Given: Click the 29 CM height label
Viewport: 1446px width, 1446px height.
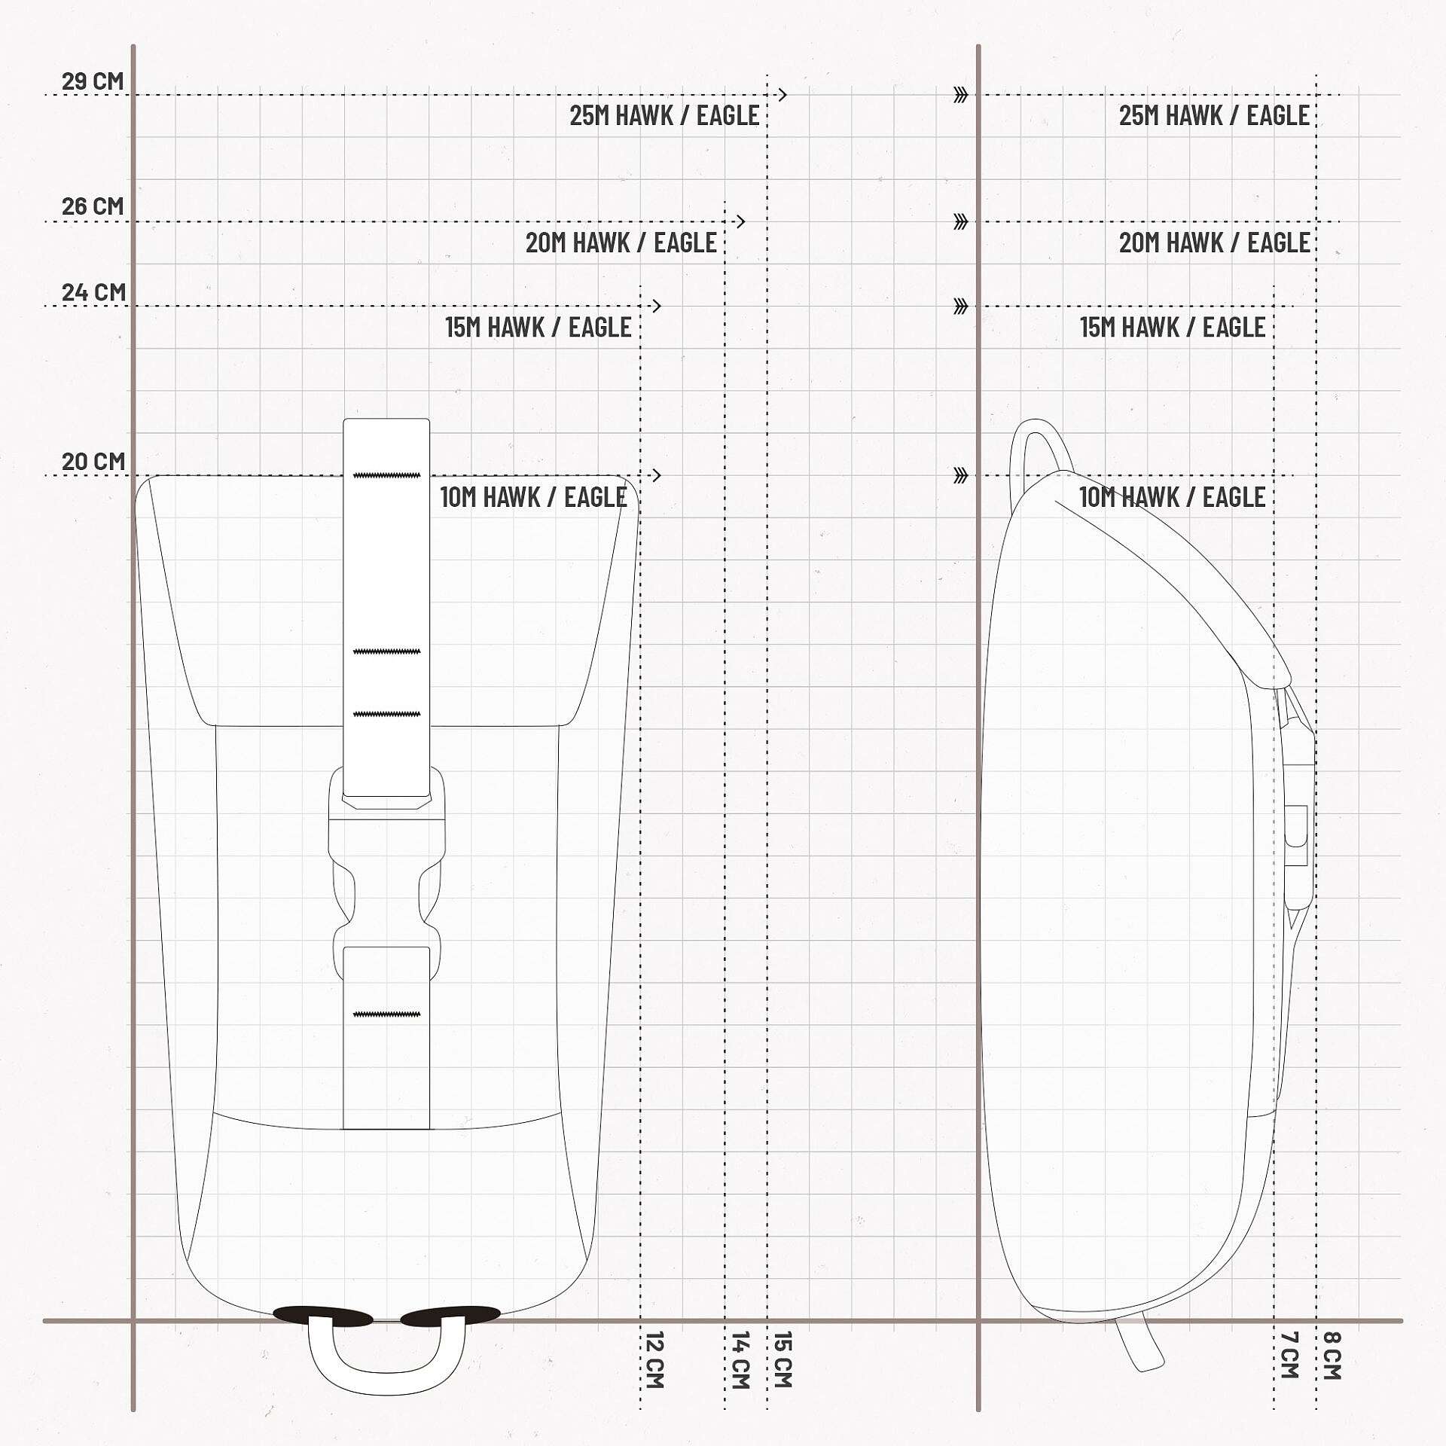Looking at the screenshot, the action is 93,81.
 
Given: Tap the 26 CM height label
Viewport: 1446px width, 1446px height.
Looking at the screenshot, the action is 93,206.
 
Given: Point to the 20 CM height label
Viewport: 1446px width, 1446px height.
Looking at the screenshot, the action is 93,461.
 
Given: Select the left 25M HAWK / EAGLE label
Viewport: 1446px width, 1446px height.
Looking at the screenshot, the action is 664,115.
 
